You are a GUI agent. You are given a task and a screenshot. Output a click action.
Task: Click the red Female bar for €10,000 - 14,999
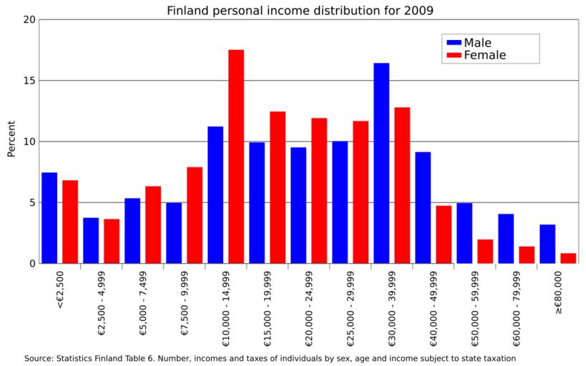point(236,157)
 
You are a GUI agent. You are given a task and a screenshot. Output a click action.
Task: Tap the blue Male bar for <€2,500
point(49,218)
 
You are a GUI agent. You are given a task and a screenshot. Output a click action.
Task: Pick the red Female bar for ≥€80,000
point(568,258)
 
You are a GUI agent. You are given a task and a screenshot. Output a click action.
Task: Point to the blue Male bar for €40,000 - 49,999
point(423,207)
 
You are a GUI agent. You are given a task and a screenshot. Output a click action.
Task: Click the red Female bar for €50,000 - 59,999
point(485,252)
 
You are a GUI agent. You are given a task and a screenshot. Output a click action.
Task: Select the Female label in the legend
point(485,55)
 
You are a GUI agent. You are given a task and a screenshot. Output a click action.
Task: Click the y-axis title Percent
point(11,142)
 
